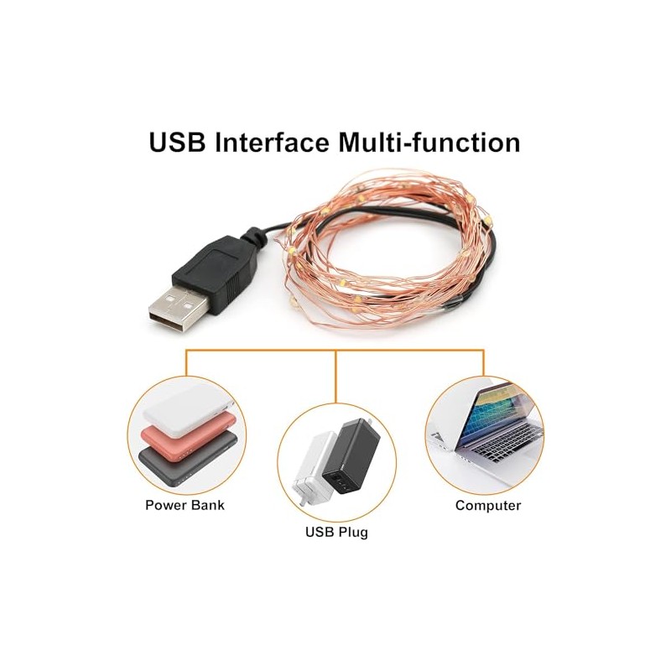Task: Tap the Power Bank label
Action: tap(185, 505)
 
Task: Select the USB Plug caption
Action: tap(335, 532)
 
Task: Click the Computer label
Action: tap(488, 505)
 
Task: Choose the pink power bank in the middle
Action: tap(191, 436)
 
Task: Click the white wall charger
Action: tap(315, 466)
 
